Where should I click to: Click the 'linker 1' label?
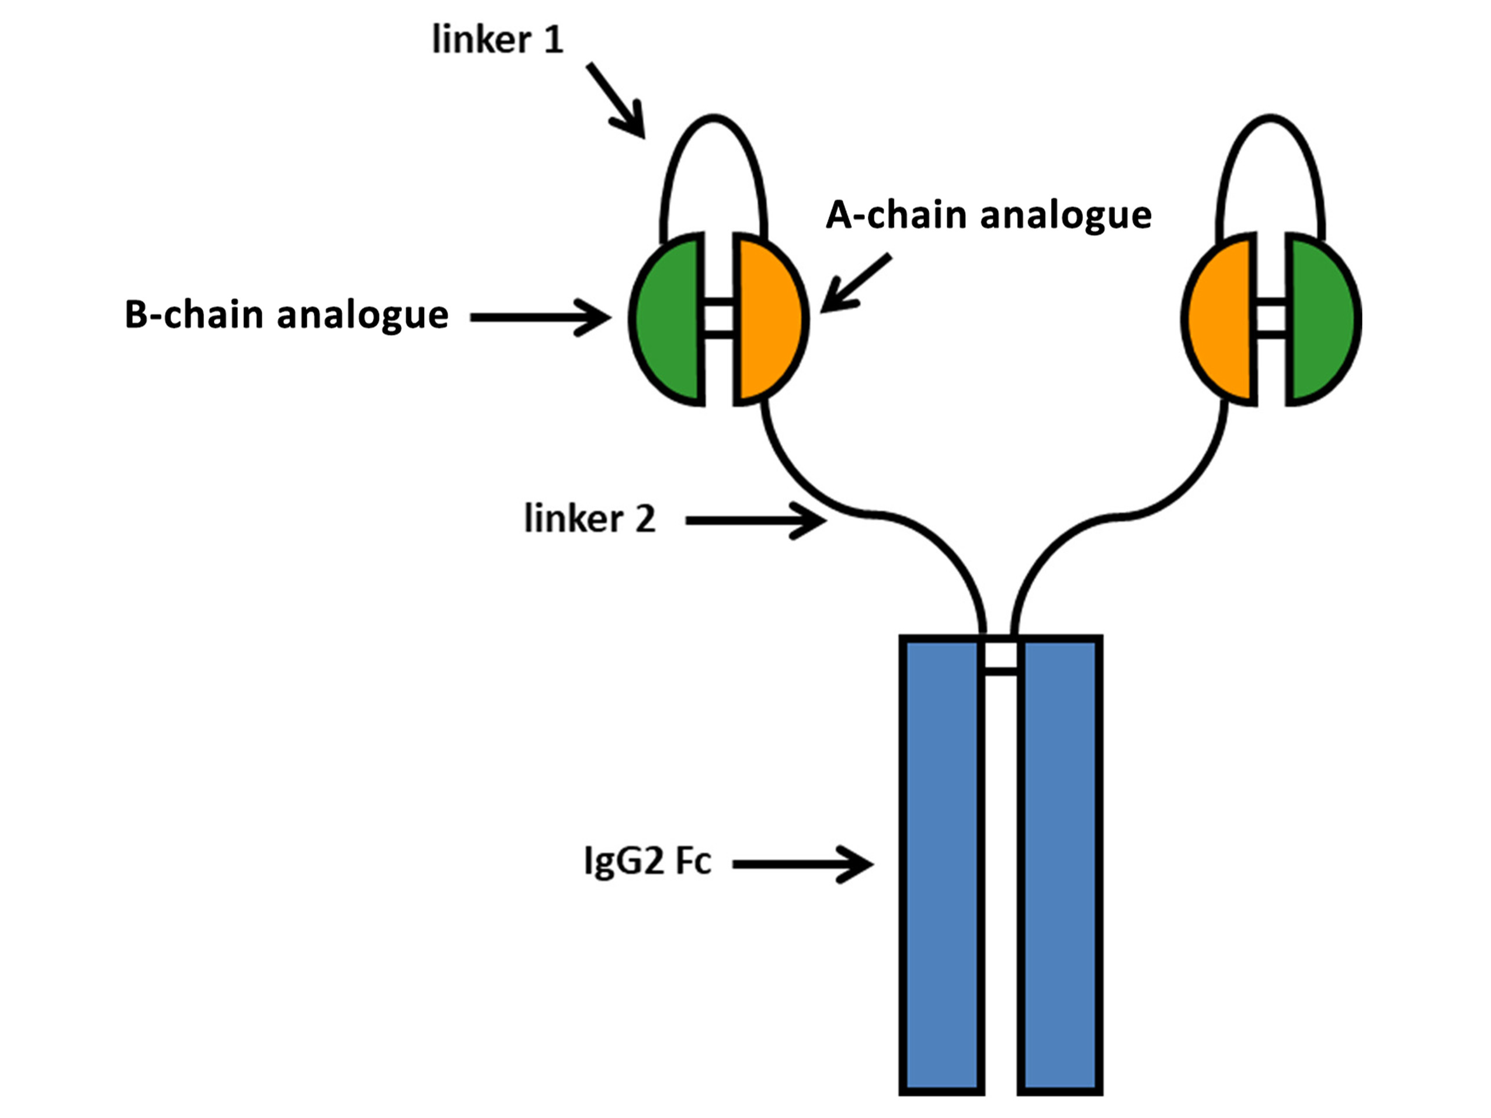coord(498,40)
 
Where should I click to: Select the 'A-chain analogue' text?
coord(988,215)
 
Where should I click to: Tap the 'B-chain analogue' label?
coord(287,315)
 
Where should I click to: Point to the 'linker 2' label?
coord(590,519)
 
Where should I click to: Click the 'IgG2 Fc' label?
coord(647,862)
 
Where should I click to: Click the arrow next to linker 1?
coord(617,101)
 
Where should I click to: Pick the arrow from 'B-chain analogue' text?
coord(539,318)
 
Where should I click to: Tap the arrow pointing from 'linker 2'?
coord(755,520)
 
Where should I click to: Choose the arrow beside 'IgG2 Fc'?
coord(802,864)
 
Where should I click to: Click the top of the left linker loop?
coord(714,118)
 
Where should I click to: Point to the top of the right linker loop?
coord(1271,118)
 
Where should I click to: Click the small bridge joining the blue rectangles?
coord(1001,670)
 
